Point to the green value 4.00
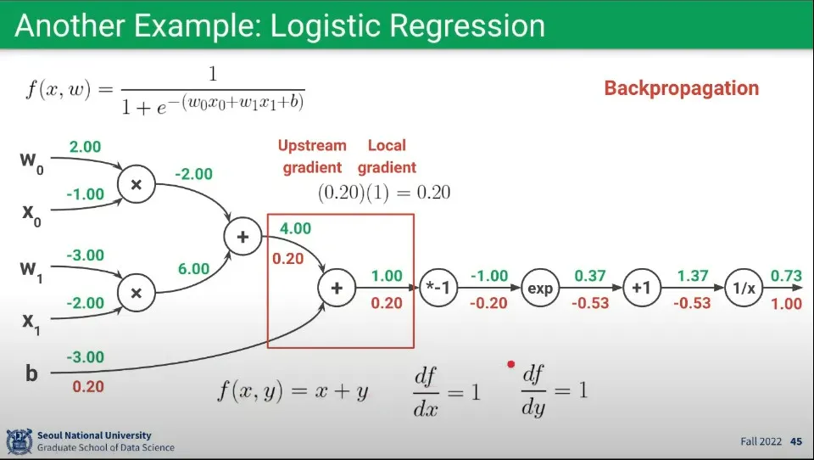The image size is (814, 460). (x=295, y=228)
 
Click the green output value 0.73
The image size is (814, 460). (x=786, y=276)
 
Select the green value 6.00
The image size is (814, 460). (x=193, y=269)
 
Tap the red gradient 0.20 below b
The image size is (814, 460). (x=88, y=386)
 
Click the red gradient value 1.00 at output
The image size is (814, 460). (x=786, y=303)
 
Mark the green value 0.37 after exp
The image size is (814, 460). (x=590, y=276)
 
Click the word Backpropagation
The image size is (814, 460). (x=681, y=88)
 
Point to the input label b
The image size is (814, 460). (x=31, y=373)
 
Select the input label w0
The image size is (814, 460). (x=31, y=161)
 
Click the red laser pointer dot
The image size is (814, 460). (x=510, y=364)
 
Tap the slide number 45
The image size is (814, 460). (x=796, y=441)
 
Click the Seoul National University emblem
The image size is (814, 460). (x=20, y=441)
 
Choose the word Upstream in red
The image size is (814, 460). (x=312, y=145)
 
